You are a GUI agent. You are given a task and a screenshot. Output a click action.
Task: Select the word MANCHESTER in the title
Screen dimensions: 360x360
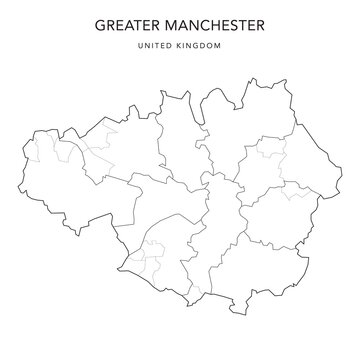[x=220, y=23]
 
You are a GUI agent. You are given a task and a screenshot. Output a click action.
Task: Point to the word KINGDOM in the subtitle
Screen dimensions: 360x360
[x=198, y=45]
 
